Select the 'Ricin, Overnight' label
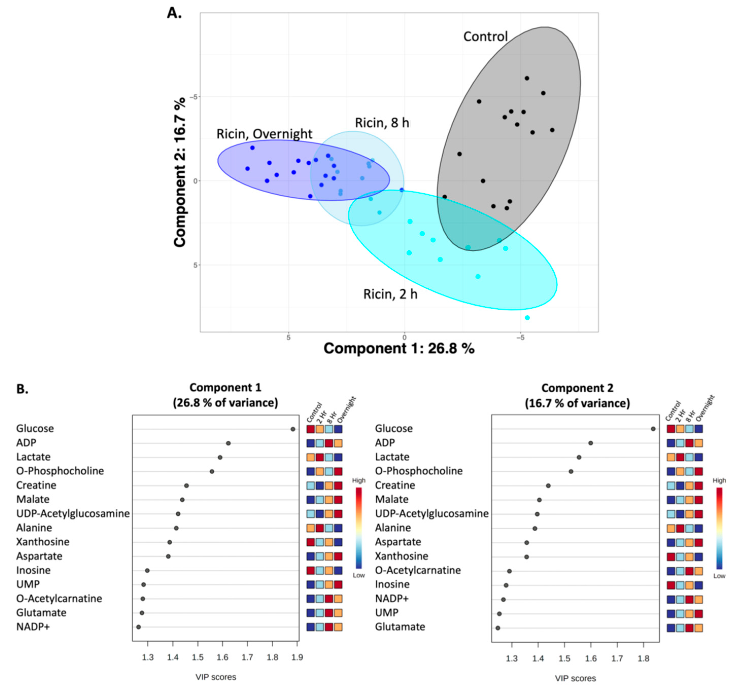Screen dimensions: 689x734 tap(264, 134)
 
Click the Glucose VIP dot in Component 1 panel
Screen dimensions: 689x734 tap(293, 429)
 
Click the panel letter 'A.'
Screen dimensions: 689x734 tap(174, 13)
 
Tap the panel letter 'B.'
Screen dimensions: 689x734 tap(22, 389)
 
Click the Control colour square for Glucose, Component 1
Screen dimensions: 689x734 tap(310, 429)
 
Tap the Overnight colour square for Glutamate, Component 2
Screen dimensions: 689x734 tap(698, 627)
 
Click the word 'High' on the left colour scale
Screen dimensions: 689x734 tap(359, 480)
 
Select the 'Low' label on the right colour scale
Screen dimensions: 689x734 tap(719, 576)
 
